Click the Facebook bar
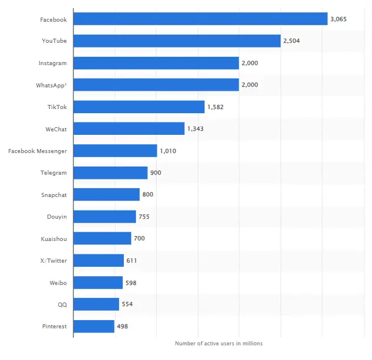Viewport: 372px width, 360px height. point(200,19)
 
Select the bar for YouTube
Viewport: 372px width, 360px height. point(177,41)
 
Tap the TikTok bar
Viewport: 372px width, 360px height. point(138,107)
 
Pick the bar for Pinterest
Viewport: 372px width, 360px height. point(94,326)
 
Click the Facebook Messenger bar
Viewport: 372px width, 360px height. point(115,151)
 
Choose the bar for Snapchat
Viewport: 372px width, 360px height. point(106,195)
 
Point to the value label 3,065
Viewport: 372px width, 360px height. point(339,19)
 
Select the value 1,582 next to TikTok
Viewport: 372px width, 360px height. point(215,107)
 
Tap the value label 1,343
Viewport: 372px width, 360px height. point(195,129)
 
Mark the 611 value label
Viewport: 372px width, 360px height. point(132,260)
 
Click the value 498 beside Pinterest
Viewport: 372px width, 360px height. point(122,326)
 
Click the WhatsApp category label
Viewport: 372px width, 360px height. point(51,85)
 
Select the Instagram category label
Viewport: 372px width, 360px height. point(53,63)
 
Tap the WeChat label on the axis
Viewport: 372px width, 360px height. point(56,129)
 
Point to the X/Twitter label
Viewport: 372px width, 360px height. point(53,260)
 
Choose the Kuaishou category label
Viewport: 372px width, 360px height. point(53,239)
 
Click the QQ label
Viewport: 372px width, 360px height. point(62,304)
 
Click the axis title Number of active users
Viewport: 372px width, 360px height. point(219,343)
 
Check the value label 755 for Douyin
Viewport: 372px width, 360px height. point(144,217)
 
